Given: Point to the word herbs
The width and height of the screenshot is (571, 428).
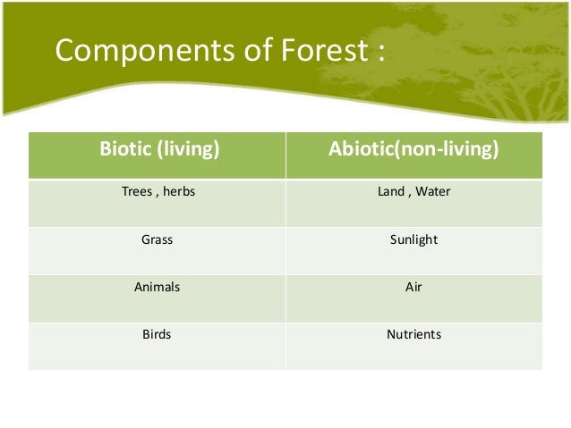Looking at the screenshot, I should click(x=178, y=191).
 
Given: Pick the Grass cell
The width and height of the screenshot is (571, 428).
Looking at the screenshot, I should click(x=158, y=239).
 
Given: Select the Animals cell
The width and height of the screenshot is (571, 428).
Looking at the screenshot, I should click(x=158, y=288).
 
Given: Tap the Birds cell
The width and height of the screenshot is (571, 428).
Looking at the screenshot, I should click(x=158, y=336).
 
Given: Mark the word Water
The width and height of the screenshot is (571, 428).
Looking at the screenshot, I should click(x=433, y=191).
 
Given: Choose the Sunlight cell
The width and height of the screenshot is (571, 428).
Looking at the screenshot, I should click(x=413, y=239).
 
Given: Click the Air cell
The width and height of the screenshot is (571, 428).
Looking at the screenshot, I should click(x=413, y=288).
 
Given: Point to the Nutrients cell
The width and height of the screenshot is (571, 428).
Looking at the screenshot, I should click(x=413, y=336).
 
